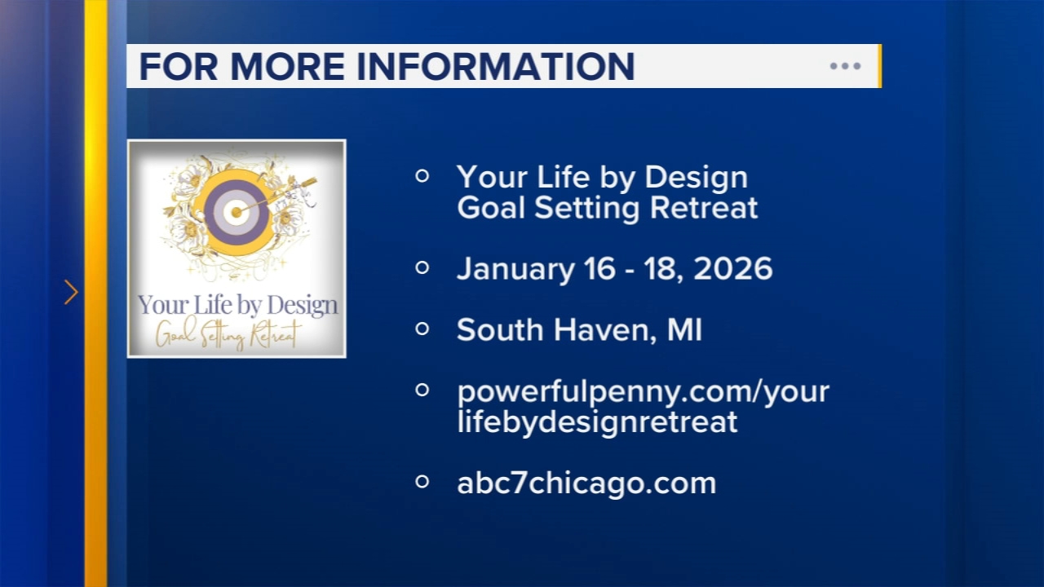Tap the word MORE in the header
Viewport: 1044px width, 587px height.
coord(288,66)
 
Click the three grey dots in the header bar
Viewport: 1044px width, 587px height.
coord(845,66)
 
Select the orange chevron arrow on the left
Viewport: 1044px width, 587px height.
coord(71,292)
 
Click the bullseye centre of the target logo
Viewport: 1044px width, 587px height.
coord(237,213)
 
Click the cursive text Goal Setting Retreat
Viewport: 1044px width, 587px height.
coord(227,333)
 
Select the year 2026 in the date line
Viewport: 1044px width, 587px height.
coord(732,269)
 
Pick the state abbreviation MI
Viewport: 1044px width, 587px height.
coord(684,330)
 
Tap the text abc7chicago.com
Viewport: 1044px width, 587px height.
coord(586,483)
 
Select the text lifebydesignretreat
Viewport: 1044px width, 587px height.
coord(597,422)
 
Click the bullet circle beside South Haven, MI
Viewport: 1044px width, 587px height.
coord(422,329)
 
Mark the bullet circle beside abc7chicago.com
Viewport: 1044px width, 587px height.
coord(422,482)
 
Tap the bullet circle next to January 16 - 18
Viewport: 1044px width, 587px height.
coord(422,267)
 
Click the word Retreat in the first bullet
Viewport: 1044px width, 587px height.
coord(704,208)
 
